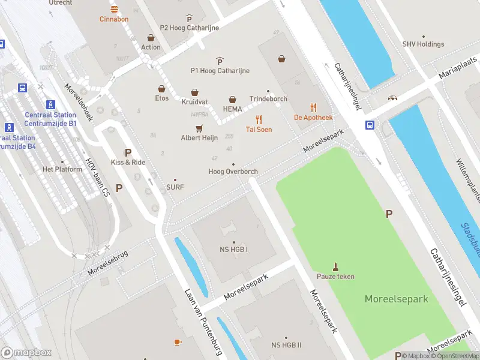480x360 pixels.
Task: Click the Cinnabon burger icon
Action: tap(114, 9)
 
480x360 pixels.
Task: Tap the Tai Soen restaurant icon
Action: tap(259, 119)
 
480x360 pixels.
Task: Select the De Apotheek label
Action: tap(313, 118)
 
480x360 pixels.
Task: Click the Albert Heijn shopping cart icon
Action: tap(199, 128)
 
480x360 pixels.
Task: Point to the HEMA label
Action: tap(232, 109)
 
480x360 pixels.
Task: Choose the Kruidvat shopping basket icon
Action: tap(194, 92)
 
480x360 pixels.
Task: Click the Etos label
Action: tap(162, 98)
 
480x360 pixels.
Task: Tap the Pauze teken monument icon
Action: tap(335, 266)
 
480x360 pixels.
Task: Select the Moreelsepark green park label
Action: tap(397, 298)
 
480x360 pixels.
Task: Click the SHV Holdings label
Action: tap(423, 44)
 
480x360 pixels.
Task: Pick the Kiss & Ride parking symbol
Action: tap(127, 152)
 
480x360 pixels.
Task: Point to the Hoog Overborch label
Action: tap(233, 172)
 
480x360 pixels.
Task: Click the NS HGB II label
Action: tap(286, 345)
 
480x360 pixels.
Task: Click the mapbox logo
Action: tap(26, 353)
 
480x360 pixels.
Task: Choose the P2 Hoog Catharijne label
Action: tap(189, 28)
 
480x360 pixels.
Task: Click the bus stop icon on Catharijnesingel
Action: tap(370, 125)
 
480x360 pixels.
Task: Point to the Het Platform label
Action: tap(62, 169)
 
